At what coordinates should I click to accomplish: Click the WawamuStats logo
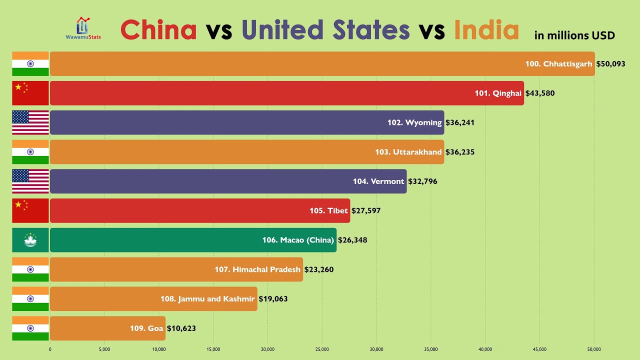[83, 28]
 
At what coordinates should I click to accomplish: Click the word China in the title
[159, 30]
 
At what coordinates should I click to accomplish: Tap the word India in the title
[486, 30]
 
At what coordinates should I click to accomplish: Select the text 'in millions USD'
[574, 35]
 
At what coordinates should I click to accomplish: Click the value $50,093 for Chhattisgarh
[610, 64]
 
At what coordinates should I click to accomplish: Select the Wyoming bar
[247, 122]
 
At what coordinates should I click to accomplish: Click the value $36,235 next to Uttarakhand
[459, 152]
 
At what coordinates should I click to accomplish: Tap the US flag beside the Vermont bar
[30, 181]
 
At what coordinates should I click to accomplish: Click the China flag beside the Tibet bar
[30, 210]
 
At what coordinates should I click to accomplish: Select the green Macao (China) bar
[193, 240]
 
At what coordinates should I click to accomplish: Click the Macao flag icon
[30, 240]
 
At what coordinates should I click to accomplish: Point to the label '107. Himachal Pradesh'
[257, 269]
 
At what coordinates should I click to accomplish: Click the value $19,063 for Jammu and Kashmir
[273, 299]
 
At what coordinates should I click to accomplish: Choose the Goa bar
[107, 328]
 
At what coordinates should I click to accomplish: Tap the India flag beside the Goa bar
[30, 328]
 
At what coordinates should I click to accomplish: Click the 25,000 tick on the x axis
[322, 349]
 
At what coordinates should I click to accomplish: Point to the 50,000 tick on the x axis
[594, 349]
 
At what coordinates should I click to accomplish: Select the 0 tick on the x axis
[50, 349]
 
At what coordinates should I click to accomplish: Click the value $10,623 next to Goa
[181, 328]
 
